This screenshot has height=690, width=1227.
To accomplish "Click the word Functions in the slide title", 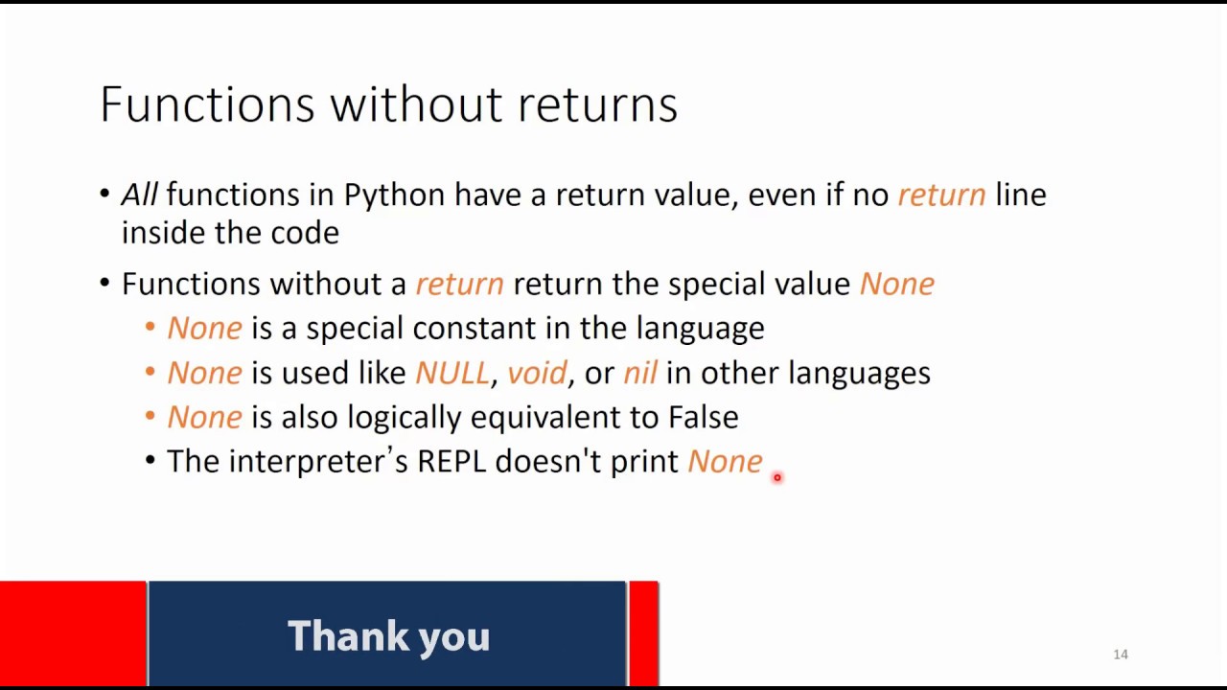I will click(207, 103).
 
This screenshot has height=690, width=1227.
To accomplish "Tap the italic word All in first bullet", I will click(139, 195).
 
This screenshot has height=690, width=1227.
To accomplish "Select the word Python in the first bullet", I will click(394, 195).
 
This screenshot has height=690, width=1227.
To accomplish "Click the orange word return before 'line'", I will click(940, 195).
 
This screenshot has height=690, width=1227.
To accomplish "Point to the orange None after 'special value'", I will click(896, 284).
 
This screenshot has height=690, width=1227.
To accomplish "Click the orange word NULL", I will click(451, 373).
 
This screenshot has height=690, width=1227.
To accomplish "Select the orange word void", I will click(537, 373).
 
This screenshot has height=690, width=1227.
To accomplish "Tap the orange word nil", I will click(639, 373).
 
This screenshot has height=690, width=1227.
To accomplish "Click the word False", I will click(703, 417).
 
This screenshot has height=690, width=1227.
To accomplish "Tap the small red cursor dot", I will click(777, 477).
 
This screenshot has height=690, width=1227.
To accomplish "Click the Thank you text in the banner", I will click(388, 636).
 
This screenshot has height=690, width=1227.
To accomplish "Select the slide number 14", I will click(1121, 655).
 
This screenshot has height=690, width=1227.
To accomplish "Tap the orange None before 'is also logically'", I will click(204, 417).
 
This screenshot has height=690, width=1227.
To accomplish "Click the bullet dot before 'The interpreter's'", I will click(150, 461).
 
